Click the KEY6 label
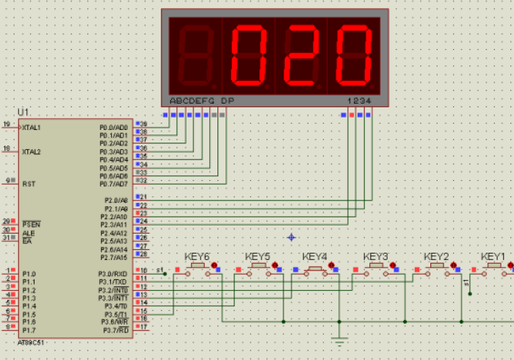point(197,257)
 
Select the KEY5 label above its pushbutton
point(257,257)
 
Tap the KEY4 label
point(314,257)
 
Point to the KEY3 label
point(375,257)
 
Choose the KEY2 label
point(436,257)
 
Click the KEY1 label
point(493,257)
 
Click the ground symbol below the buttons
point(339,340)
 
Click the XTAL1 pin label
point(31,128)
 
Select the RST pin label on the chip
point(29,184)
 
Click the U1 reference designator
point(23,112)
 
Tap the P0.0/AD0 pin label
point(114,128)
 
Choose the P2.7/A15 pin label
point(114,257)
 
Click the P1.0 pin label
point(29,273)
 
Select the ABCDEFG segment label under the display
point(192,100)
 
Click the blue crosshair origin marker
point(292,237)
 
